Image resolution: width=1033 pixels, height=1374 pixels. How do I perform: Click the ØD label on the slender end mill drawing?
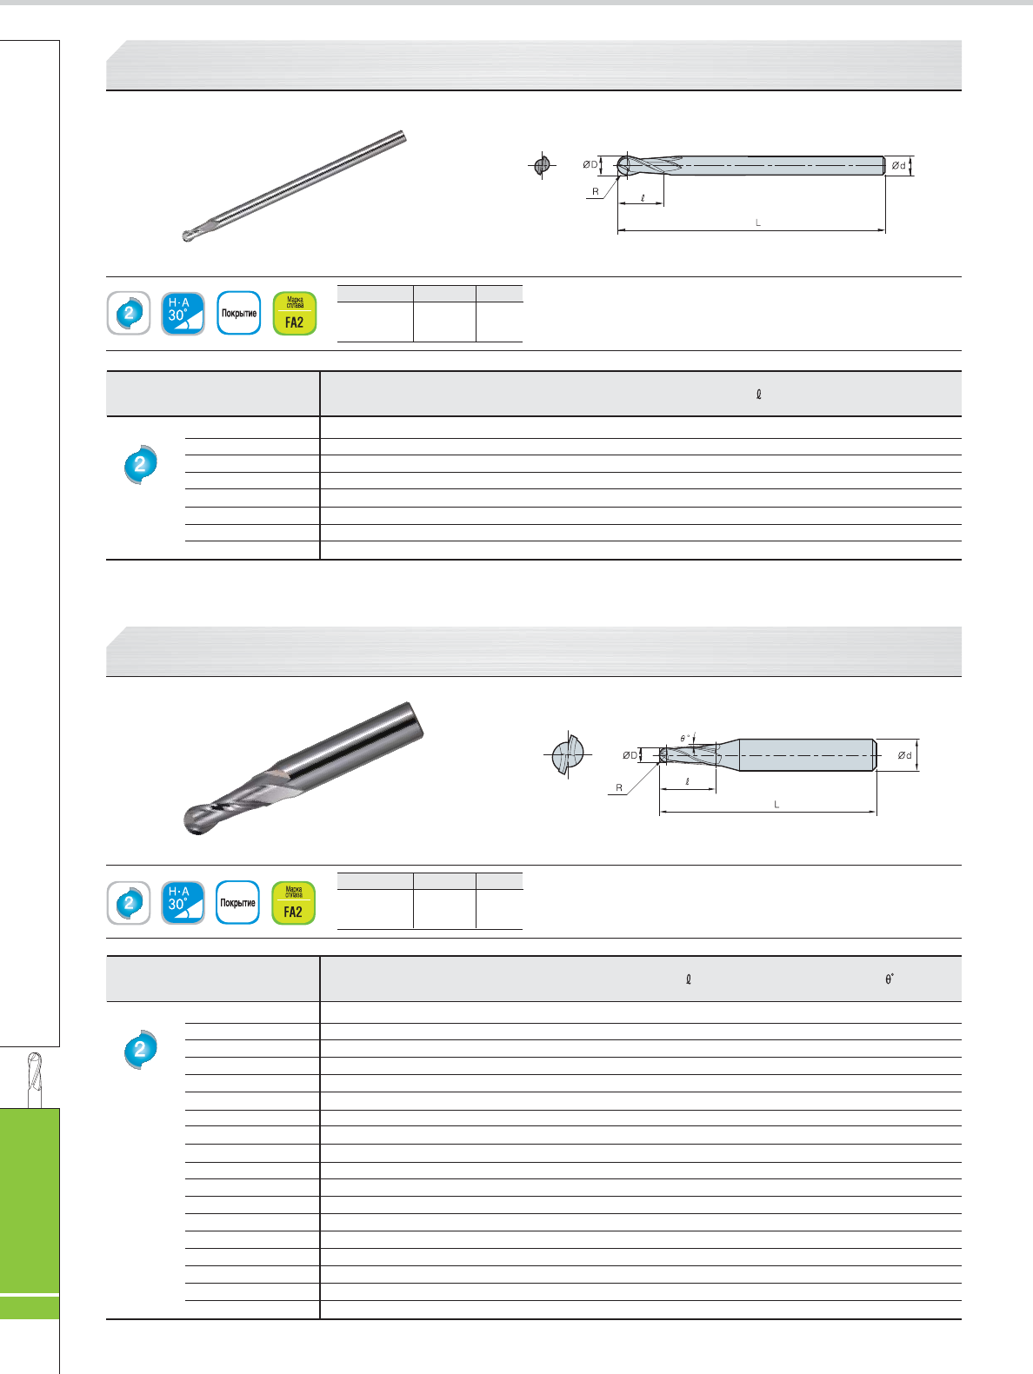coord(590,164)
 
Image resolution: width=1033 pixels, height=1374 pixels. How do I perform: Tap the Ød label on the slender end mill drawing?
coord(898,165)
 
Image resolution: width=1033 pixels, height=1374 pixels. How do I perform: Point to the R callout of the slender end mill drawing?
coord(596,191)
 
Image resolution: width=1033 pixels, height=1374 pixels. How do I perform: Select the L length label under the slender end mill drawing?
coord(757,222)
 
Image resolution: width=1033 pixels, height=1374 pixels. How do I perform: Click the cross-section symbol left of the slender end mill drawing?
coord(543,165)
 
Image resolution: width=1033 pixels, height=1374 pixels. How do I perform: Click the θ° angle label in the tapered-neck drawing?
coord(685,738)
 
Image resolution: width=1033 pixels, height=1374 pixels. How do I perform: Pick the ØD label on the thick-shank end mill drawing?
coord(630,755)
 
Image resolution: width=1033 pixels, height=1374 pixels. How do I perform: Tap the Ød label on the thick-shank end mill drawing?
coord(904,755)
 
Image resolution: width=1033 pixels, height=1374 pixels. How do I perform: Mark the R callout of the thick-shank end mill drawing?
coord(619,787)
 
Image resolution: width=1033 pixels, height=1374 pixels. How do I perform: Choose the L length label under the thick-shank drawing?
coord(776,805)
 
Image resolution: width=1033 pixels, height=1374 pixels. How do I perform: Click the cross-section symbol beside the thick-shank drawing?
coord(568,754)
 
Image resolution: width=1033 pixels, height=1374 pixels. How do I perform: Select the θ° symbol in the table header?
coord(889,979)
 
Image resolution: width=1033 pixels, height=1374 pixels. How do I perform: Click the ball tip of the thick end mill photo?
coord(197,820)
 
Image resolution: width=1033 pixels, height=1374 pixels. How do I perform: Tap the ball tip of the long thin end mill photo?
coord(188,236)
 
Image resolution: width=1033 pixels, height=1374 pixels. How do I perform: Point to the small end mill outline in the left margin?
coord(35,1079)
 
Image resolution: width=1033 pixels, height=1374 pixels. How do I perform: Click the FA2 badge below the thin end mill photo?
coord(294,313)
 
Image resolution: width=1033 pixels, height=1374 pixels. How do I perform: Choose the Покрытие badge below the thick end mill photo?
coord(238,903)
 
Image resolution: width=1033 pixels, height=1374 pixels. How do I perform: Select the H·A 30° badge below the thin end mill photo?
coord(183,313)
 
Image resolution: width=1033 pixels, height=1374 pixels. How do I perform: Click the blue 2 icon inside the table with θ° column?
coord(140,1049)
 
